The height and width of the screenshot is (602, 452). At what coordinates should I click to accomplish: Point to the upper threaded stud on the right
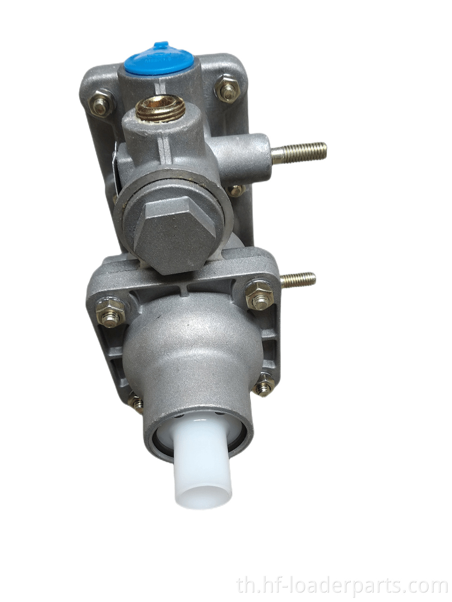tap(301, 152)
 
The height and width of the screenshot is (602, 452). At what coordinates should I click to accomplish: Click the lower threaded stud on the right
tap(298, 280)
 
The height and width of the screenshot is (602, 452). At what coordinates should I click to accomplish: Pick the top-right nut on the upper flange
tap(227, 89)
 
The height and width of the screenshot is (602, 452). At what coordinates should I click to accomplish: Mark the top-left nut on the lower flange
tap(110, 312)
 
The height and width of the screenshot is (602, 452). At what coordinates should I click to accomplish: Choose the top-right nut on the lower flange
tap(259, 296)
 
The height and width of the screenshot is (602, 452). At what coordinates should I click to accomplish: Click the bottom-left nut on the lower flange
tap(137, 403)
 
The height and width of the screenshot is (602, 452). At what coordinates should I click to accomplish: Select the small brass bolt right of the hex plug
tap(235, 191)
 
